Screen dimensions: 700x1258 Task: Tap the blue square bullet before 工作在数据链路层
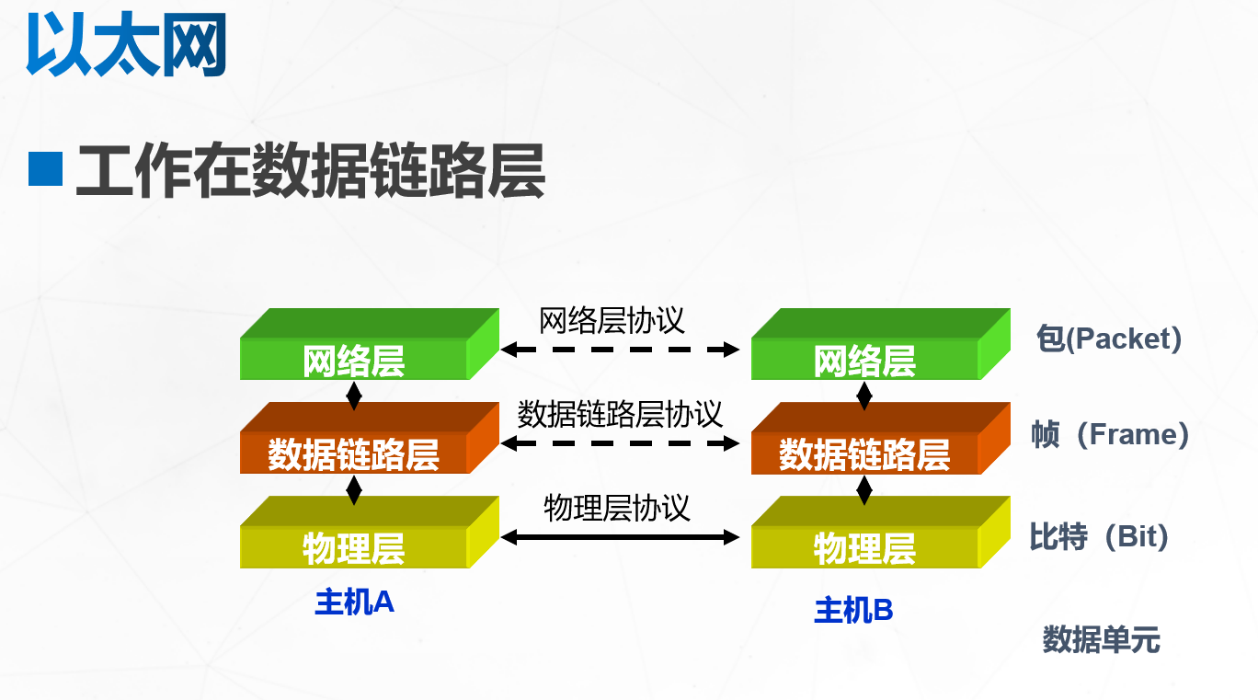tap(45, 168)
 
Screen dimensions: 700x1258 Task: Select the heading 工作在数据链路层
tap(311, 170)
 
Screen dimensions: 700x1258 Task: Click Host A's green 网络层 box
tap(355, 361)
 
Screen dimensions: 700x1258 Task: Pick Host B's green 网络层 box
tap(865, 361)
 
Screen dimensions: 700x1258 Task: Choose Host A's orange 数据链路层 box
tap(355, 454)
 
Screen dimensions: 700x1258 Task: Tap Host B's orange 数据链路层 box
tap(865, 454)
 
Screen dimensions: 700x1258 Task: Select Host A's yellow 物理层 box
tap(355, 548)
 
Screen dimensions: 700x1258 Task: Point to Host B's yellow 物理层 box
tap(865, 548)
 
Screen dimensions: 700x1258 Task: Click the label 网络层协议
tap(612, 321)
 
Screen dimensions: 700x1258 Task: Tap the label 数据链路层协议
tap(620, 414)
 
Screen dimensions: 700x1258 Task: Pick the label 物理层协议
tap(617, 508)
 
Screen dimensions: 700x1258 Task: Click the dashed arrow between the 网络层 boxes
tap(621, 350)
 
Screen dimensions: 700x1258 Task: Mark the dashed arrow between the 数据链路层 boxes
tap(621, 443)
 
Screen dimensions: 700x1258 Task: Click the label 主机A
tap(354, 602)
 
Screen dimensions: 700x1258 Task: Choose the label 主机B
tap(854, 610)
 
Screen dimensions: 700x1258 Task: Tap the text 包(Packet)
tap(1108, 339)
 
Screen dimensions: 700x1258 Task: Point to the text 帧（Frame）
tap(1110, 434)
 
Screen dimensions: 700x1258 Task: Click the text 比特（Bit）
tap(1099, 536)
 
